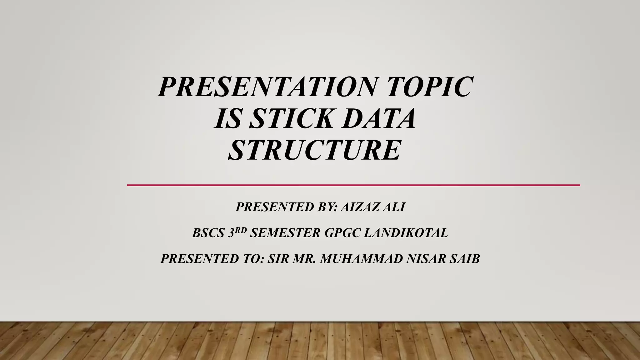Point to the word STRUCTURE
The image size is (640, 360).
coord(314,150)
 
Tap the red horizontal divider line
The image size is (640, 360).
coord(353,185)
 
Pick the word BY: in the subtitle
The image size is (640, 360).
coord(327,207)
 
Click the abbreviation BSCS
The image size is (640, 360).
coord(208,233)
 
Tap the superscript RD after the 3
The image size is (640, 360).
coord(241,230)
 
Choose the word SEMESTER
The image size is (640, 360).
coord(285,233)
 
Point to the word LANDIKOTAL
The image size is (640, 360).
coord(406,233)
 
